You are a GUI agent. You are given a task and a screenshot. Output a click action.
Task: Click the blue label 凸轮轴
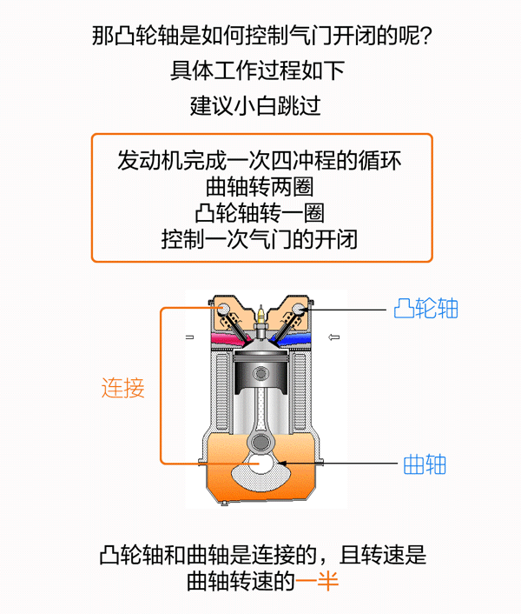[x=425, y=309]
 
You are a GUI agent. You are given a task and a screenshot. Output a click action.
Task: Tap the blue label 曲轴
[x=425, y=464]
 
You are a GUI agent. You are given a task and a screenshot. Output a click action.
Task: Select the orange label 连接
[x=123, y=388]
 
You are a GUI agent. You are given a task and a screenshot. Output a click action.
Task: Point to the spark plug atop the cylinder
[x=260, y=322]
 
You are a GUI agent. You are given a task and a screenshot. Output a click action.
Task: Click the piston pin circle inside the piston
[x=260, y=373]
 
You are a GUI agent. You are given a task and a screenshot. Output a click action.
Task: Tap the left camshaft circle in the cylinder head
[x=224, y=309]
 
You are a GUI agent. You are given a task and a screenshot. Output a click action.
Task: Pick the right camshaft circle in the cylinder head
[x=298, y=309]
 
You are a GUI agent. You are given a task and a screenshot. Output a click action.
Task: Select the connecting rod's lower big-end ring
[x=260, y=443]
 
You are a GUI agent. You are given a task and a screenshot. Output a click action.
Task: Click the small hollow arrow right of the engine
[x=333, y=337]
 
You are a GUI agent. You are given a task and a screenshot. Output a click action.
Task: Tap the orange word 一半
[x=317, y=581]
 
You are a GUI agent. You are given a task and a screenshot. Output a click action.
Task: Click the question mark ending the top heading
[x=425, y=36]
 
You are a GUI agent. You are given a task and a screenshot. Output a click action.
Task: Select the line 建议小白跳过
[x=255, y=106]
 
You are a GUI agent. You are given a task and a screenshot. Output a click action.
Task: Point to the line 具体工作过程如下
[x=257, y=70]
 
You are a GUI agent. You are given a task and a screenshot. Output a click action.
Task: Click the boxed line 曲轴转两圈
[x=260, y=187]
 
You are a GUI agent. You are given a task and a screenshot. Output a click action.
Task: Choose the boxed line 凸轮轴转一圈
[x=260, y=213]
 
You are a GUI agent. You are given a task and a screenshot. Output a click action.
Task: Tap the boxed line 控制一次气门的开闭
[x=260, y=239]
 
